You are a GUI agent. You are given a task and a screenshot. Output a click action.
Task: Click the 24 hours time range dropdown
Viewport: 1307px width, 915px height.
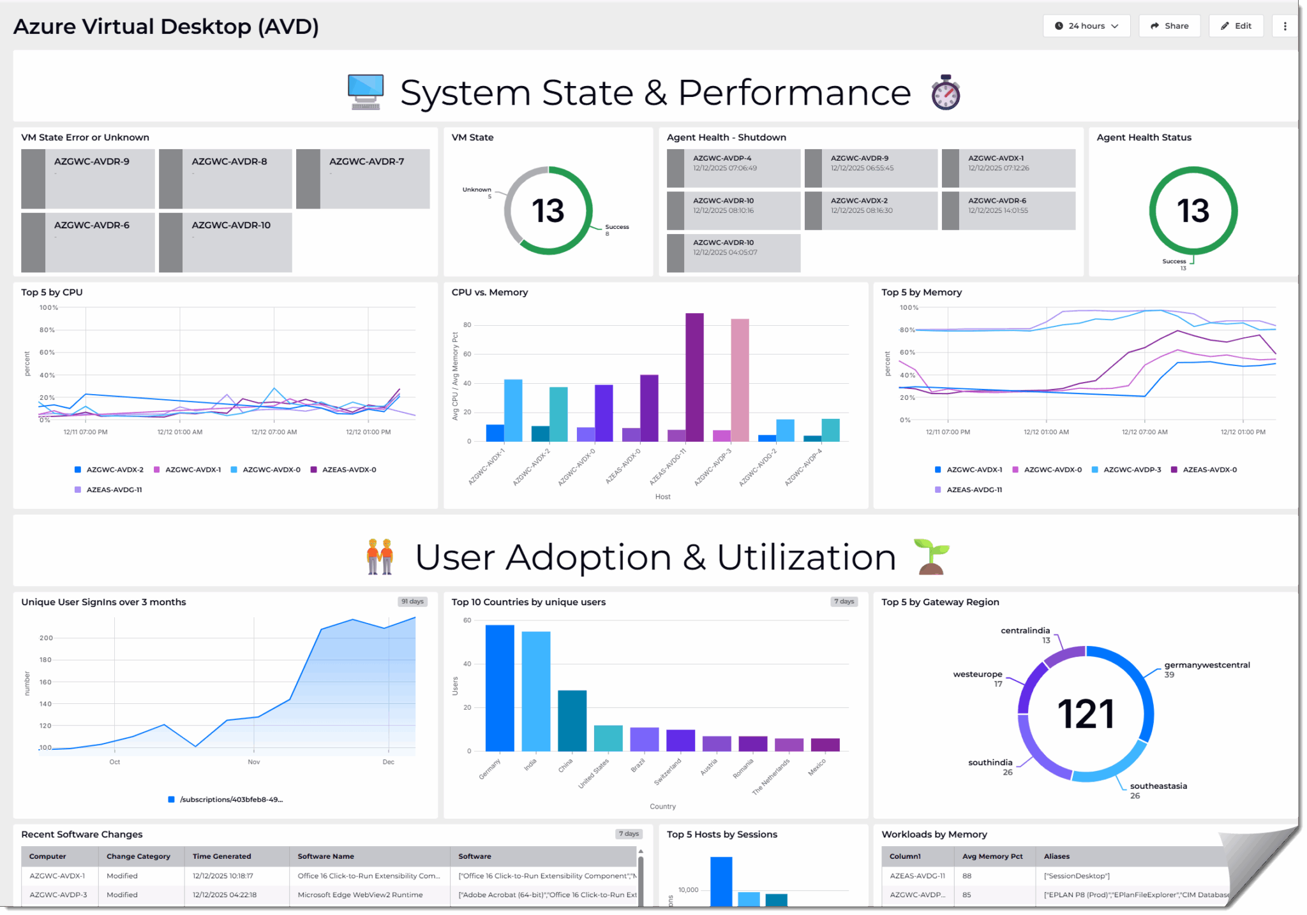(x=1086, y=26)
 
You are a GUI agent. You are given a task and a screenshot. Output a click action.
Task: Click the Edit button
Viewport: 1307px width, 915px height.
(x=1236, y=26)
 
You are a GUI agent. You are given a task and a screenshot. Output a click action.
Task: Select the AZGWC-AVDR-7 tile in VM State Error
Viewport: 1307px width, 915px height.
(x=362, y=179)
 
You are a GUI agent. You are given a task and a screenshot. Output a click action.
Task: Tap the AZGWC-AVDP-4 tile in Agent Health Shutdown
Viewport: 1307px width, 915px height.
(x=733, y=168)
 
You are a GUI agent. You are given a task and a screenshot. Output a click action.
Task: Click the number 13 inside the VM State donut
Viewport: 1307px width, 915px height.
(x=548, y=211)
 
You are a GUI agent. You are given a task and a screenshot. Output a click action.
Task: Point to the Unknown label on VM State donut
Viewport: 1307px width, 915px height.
(x=477, y=189)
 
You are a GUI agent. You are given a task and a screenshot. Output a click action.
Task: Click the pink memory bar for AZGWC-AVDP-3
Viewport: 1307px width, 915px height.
(x=740, y=379)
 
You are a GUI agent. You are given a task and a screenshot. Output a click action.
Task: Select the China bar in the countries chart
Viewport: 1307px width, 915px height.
(x=572, y=721)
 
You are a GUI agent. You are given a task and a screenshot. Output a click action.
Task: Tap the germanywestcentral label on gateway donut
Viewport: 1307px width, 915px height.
(x=1207, y=665)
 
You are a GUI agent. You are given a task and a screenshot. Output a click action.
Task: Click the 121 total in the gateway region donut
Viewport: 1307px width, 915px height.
(x=1086, y=714)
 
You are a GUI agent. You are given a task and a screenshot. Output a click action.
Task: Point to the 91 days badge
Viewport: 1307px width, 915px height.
(x=412, y=601)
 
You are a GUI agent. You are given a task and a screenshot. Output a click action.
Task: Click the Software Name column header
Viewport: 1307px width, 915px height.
(x=325, y=856)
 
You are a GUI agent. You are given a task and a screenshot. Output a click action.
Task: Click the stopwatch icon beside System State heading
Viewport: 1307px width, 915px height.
(x=945, y=93)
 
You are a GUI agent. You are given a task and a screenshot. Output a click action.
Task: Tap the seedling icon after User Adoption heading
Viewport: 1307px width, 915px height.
(x=931, y=557)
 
